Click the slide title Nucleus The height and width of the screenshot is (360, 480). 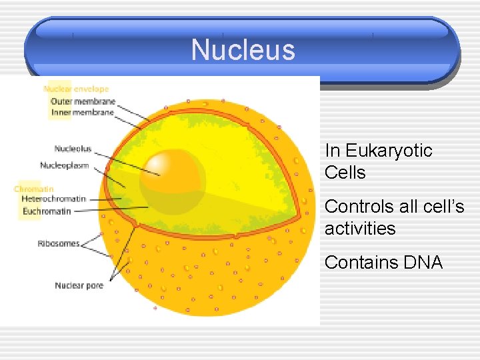(243, 50)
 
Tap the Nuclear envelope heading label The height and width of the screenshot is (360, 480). (76, 89)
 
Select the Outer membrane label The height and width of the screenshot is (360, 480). (83, 101)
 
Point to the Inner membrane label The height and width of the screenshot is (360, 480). (83, 113)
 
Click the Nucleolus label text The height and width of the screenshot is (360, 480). (73, 149)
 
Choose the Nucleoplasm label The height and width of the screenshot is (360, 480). (64, 165)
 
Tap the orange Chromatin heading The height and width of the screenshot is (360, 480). (33, 189)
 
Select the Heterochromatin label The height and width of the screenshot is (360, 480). (53, 199)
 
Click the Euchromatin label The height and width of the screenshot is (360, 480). (46, 211)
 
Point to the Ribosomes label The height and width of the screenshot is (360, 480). (59, 244)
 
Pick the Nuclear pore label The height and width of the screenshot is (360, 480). (79, 285)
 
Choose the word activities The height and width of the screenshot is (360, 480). (360, 229)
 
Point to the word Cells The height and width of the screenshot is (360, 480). (345, 173)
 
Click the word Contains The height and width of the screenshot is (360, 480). (361, 263)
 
